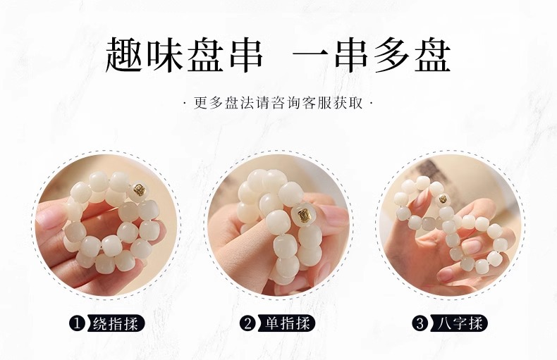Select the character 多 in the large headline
391,55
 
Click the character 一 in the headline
311,55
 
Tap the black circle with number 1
76,323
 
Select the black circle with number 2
248,323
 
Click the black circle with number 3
420,323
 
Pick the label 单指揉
288,323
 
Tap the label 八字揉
459,323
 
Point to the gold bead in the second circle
304,214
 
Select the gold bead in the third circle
443,199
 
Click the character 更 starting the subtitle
201,104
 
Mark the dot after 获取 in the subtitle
371,104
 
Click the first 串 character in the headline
245,55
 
